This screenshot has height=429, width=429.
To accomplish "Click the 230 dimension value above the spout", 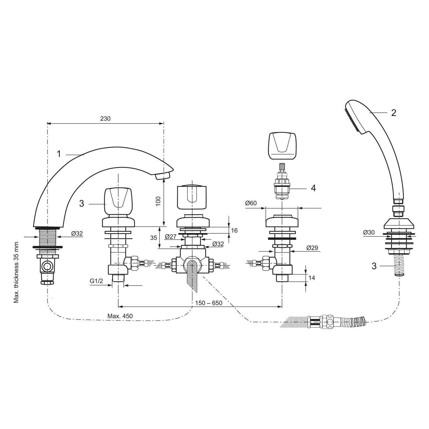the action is pos(105,119).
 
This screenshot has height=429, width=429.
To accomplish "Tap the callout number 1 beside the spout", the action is pos(59,154).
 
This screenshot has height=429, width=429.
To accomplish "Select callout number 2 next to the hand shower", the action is pos(393,113).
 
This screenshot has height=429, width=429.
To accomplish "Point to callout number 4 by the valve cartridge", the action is pos(313,188).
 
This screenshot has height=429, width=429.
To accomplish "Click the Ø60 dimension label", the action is pos(251,203).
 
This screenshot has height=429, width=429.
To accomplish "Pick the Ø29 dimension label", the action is pos(312,248).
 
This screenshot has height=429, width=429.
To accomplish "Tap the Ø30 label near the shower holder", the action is pos(369,233).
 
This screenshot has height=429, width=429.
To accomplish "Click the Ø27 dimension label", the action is pos(171,236).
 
